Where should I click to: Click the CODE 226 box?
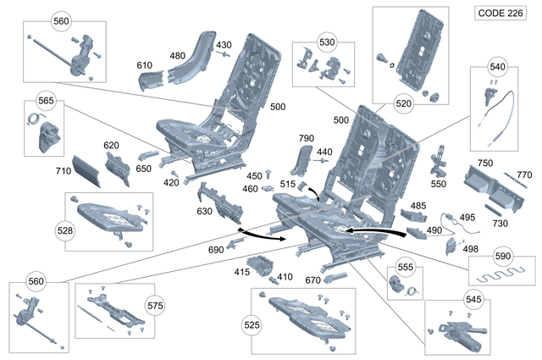pyautogui.click(x=502, y=14)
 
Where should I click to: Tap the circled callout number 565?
pyautogui.click(x=46, y=101)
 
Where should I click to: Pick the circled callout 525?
pyautogui.click(x=251, y=324)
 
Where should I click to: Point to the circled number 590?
pyautogui.click(x=503, y=256)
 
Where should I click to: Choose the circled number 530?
pyautogui.click(x=327, y=42)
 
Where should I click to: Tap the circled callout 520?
pyautogui.click(x=404, y=103)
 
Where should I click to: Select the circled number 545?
pyautogui.click(x=473, y=300)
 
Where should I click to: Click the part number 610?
pyautogui.click(x=145, y=65)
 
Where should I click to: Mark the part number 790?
pyautogui.click(x=306, y=138)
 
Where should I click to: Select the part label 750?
pyautogui.click(x=484, y=163)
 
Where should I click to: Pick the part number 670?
pyautogui.click(x=313, y=280)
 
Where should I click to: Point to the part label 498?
pyautogui.click(x=470, y=249)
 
